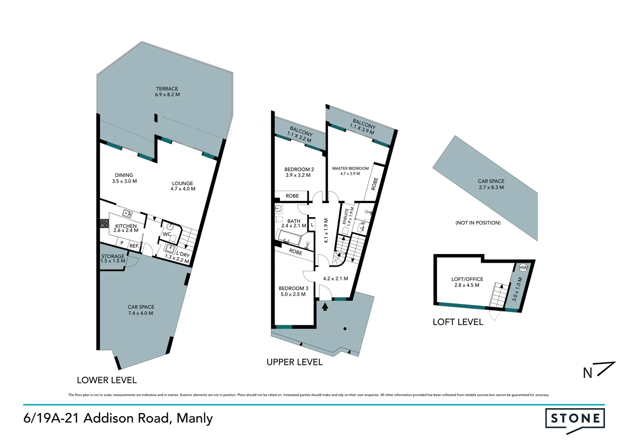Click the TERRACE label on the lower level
pos(167,88)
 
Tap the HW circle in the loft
pos(523,268)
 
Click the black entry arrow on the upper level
pos(325,306)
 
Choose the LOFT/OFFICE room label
pos(467,279)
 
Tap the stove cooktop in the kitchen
pos(104,223)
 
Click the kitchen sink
pos(128,214)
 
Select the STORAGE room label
pos(113,256)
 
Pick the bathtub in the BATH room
pos(290,237)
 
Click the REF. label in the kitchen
pos(134,246)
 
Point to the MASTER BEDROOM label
pos(350,169)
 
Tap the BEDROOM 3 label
pos(293,288)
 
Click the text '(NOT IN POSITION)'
pos(478,223)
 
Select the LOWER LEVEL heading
pos(106,380)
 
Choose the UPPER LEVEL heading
pos(294,362)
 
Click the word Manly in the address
pos(194,419)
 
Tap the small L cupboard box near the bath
pos(312,225)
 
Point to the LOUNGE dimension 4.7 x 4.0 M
pos(182,189)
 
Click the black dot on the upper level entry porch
pos(345,328)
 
